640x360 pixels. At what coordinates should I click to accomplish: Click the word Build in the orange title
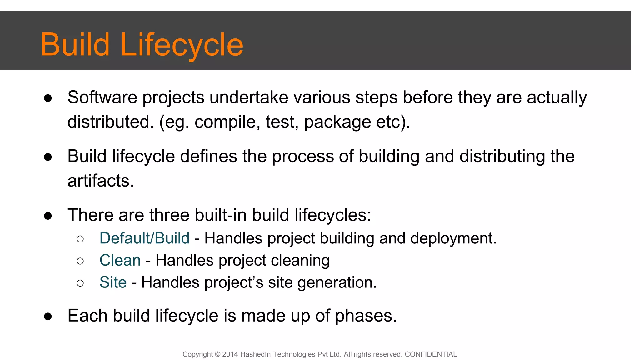coord(75,45)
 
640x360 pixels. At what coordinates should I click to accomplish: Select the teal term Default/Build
coord(144,238)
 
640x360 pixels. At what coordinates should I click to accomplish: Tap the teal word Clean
coord(120,260)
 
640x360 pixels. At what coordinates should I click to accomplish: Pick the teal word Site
coord(113,282)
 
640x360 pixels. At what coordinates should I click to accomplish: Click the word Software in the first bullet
coord(102,97)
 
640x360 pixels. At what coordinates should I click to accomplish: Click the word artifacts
coord(101,181)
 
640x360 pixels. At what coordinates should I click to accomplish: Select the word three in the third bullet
coord(169,215)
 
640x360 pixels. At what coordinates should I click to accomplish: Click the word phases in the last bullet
coord(366,316)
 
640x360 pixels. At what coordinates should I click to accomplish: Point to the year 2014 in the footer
coord(230,354)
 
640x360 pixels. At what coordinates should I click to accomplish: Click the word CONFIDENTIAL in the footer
coord(431,354)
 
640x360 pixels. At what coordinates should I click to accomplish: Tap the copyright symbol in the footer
coord(218,354)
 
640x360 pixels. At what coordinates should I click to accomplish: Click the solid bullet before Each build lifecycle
coord(48,316)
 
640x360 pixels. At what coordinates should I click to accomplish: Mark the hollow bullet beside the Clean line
coord(80,261)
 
